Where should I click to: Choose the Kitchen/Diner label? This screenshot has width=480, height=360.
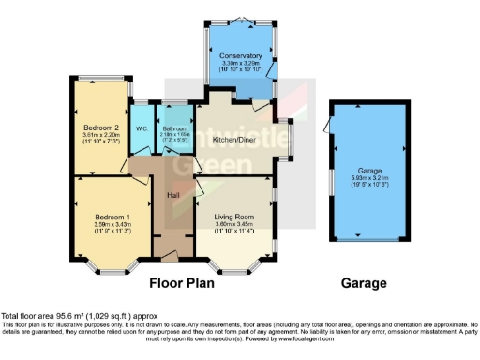point(233,139)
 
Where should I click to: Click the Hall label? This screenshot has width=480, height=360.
point(173,194)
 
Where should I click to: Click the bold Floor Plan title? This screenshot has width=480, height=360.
point(182,281)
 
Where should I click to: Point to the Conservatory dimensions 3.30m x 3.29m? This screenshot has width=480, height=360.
point(241,64)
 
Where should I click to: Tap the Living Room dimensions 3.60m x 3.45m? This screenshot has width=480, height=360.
point(235,224)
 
